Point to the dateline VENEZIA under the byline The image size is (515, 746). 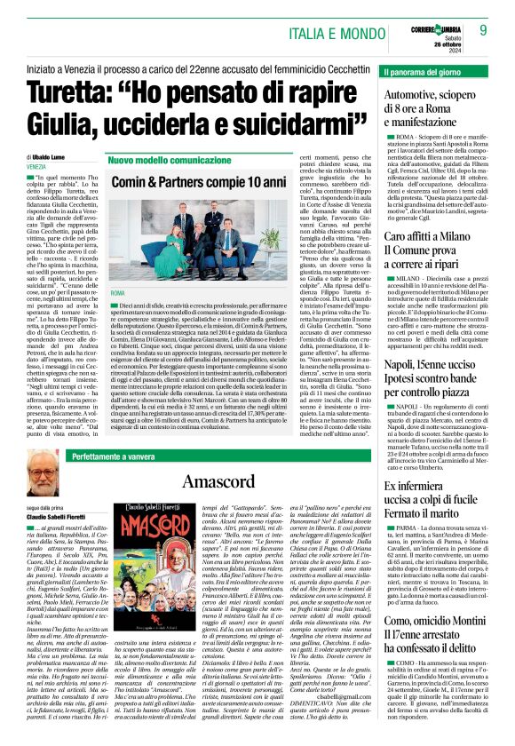[37, 166]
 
